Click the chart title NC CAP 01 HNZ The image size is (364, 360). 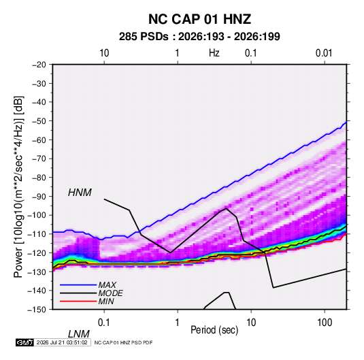(x=199, y=19)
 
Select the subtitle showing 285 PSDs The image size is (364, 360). (x=199, y=37)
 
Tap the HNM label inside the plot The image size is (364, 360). (x=80, y=193)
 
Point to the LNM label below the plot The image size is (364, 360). (x=79, y=334)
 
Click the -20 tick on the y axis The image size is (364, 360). (x=39, y=65)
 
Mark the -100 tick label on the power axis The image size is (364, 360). (x=37, y=215)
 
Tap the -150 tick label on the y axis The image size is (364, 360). (x=37, y=310)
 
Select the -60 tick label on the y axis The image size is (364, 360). (x=39, y=140)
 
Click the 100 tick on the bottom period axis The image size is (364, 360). (x=325, y=323)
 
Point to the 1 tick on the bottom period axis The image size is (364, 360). (x=178, y=323)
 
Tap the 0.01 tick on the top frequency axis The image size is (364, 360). (x=324, y=53)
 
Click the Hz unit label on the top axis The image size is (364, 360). (x=214, y=53)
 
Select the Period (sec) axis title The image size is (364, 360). (x=214, y=330)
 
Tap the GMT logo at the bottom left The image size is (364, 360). (x=25, y=342)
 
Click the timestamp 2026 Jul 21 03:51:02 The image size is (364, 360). (x=62, y=342)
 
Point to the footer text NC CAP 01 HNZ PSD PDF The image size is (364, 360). (x=124, y=342)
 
